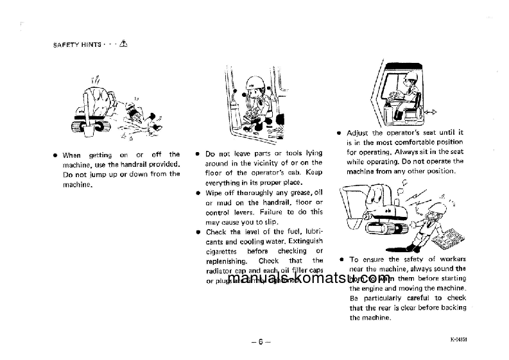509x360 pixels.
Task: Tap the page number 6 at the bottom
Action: click(x=261, y=341)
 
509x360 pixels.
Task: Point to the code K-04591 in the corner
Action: click(x=458, y=339)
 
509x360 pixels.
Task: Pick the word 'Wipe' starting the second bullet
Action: click(x=215, y=193)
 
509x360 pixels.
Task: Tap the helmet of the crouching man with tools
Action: click(x=252, y=82)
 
